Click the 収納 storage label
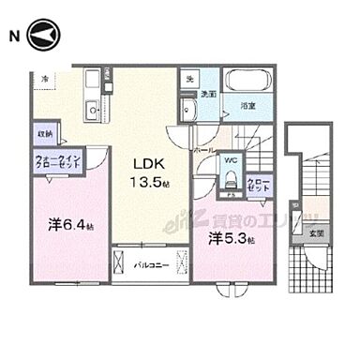[47, 133]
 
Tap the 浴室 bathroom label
[247, 107]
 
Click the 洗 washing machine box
[190, 78]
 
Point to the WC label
[228, 160]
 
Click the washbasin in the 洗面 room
[188, 111]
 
